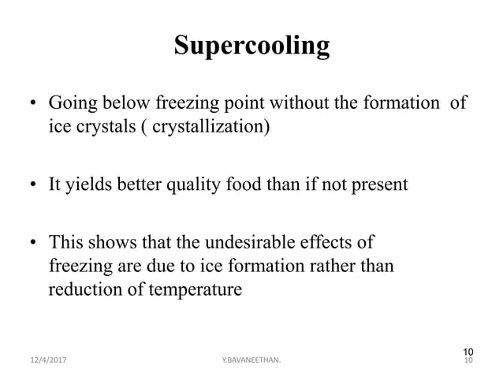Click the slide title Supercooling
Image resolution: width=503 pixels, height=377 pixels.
(251, 46)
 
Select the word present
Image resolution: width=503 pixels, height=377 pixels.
(378, 185)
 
